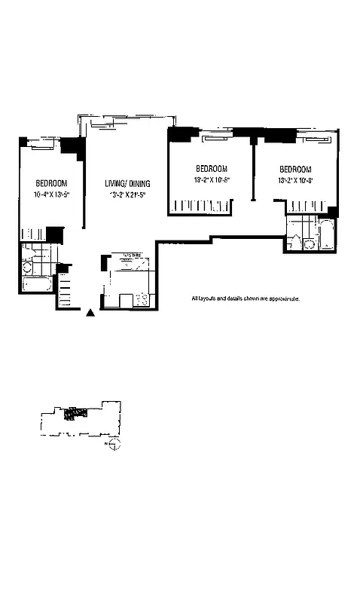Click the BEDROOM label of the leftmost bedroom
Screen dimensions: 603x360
(51, 183)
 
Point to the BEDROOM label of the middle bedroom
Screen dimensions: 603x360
(211, 169)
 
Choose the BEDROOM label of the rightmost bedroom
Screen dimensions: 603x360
(294, 169)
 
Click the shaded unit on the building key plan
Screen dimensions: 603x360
(72, 413)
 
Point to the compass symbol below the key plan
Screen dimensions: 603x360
(114, 448)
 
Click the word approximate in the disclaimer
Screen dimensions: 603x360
(284, 299)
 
